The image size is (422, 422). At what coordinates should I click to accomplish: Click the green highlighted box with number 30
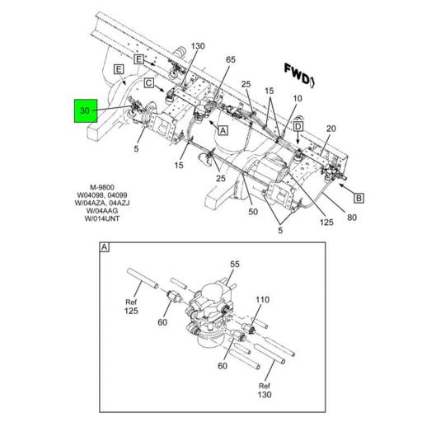[86, 110]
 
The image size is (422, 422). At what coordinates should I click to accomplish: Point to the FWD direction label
[300, 76]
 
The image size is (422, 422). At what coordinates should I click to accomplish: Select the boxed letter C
[149, 82]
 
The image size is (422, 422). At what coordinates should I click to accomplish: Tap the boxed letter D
[298, 126]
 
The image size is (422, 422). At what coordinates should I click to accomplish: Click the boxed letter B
[359, 198]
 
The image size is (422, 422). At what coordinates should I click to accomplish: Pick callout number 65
[231, 59]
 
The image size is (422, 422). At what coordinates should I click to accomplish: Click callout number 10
[298, 98]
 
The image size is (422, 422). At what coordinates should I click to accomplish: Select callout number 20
[331, 129]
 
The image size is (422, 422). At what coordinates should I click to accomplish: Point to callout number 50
[253, 212]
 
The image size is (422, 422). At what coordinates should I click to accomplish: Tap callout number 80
[352, 218]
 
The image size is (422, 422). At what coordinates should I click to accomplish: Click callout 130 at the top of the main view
[198, 46]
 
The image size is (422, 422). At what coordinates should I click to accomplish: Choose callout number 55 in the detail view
[235, 265]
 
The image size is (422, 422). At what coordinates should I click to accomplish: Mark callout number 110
[263, 299]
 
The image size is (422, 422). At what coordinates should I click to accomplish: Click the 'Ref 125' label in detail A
[131, 307]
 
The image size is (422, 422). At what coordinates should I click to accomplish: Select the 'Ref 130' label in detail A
[265, 390]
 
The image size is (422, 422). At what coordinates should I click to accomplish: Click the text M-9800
[102, 187]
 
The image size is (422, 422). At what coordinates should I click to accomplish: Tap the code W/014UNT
[102, 218]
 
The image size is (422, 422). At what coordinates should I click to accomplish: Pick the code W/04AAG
[102, 211]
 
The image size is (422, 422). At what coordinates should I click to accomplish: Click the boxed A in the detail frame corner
[104, 247]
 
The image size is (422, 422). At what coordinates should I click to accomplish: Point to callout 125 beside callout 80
[326, 222]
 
